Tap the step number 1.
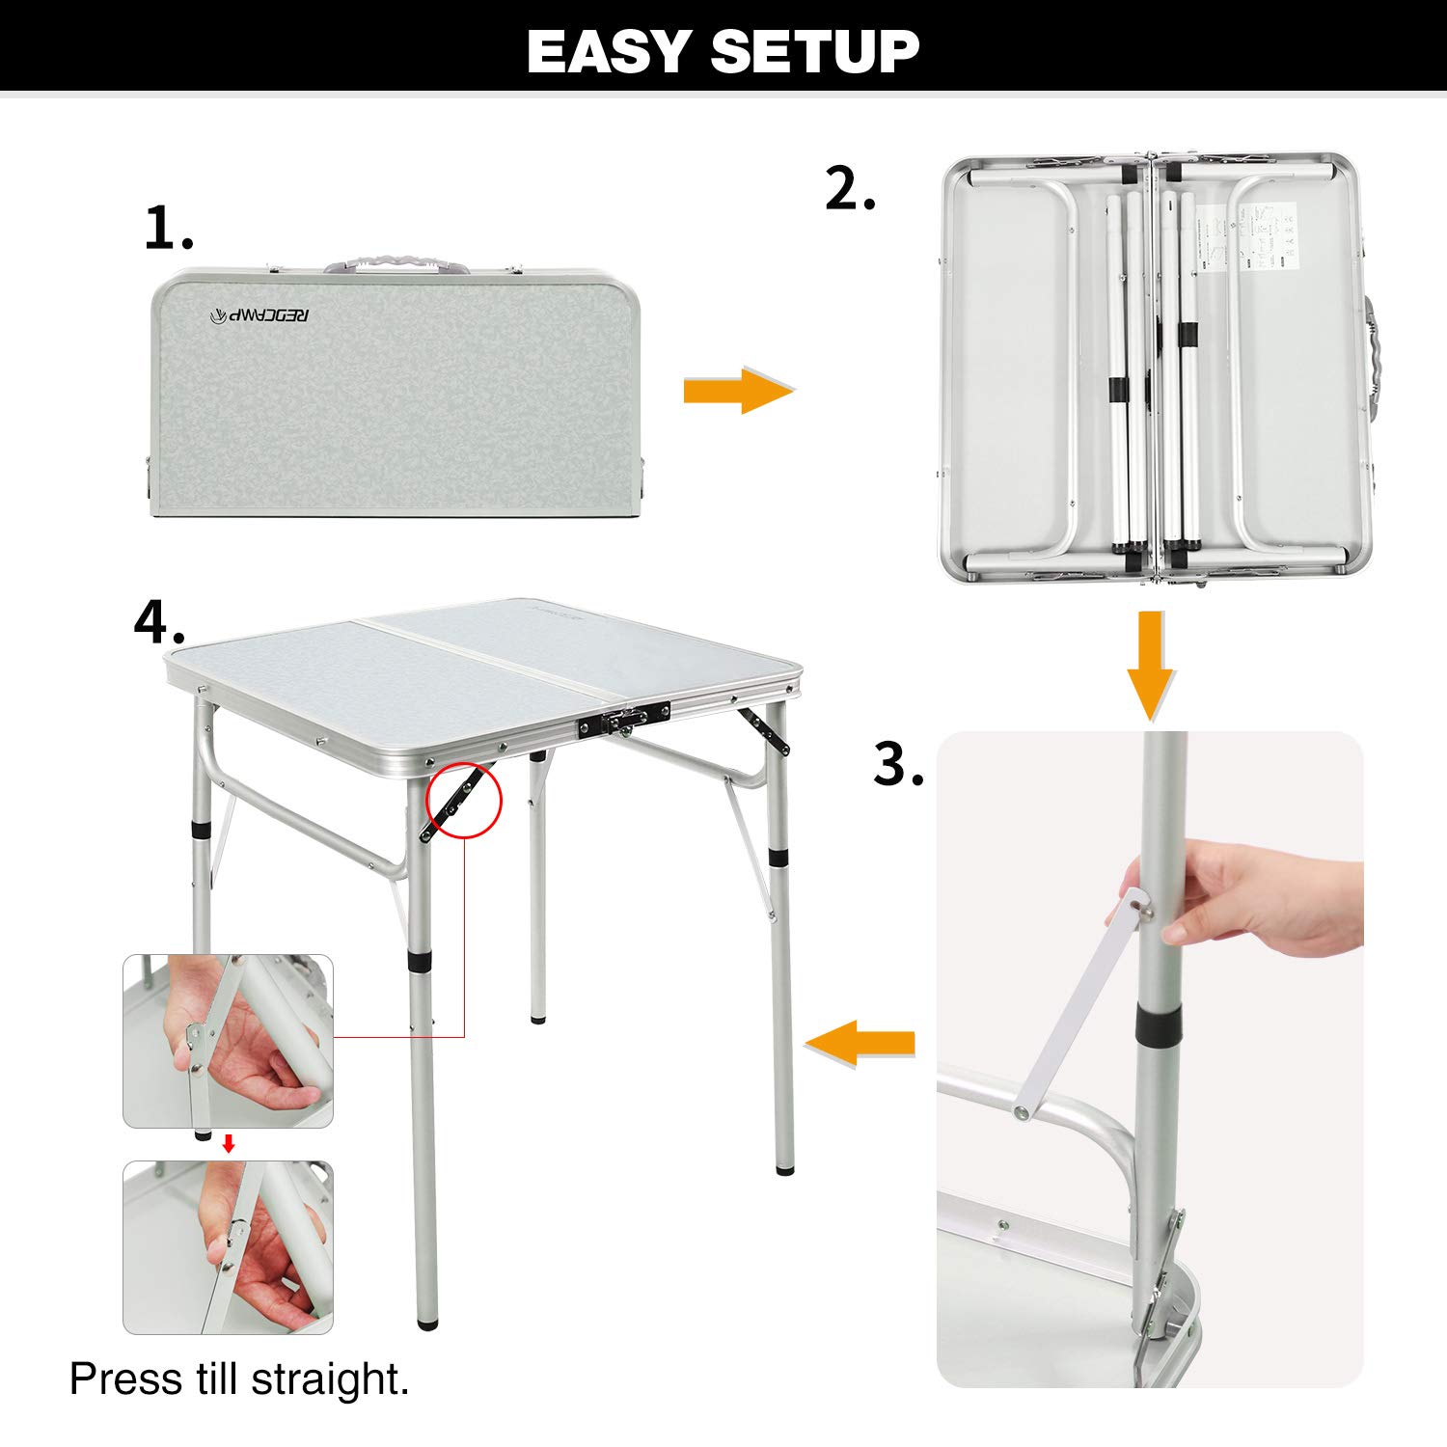click(x=168, y=229)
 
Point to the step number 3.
click(x=898, y=764)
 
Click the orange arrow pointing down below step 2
click(x=1150, y=664)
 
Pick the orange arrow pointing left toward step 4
click(x=860, y=1044)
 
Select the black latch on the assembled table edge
click(x=624, y=720)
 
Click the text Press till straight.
click(x=239, y=1379)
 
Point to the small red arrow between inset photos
click(x=229, y=1144)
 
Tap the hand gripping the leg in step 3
click(x=1244, y=892)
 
